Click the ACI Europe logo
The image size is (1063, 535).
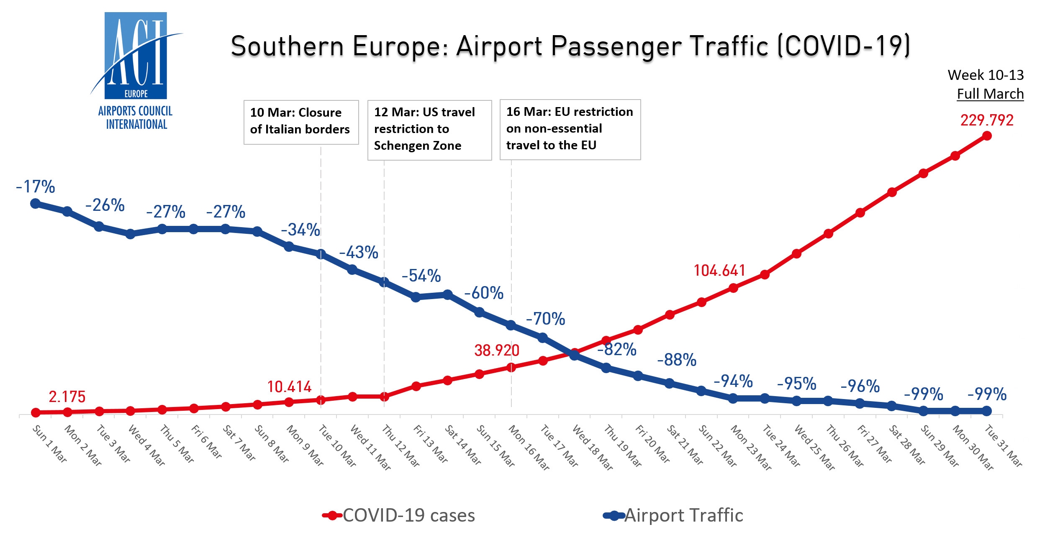(136, 71)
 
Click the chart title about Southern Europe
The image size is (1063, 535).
(570, 46)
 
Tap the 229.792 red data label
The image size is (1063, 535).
(987, 120)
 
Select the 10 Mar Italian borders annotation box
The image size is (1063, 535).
(301, 122)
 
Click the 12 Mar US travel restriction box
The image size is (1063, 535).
(429, 130)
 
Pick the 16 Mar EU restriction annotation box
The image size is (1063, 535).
(570, 129)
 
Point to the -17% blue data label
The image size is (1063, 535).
(36, 187)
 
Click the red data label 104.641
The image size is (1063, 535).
(719, 271)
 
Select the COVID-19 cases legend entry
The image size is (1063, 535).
(399, 515)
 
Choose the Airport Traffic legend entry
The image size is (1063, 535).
(673, 515)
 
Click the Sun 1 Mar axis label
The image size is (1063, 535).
(50, 444)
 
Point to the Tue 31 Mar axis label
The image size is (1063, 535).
(1003, 445)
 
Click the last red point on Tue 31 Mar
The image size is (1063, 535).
(987, 136)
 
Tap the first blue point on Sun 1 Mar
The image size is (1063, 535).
(36, 204)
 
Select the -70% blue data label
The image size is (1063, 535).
(545, 319)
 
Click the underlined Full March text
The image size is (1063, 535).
(990, 94)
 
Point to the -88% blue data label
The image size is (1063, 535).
(677, 360)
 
